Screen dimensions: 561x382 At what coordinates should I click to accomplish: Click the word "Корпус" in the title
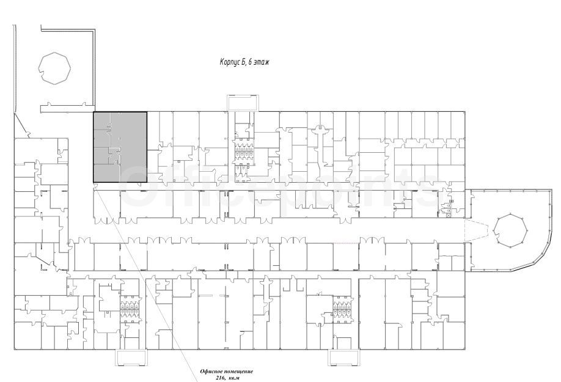(230, 62)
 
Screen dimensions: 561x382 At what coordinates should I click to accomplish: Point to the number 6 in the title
(250, 62)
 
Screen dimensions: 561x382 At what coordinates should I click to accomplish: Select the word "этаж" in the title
(262, 62)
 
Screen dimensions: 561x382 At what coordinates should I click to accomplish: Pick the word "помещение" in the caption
(237, 372)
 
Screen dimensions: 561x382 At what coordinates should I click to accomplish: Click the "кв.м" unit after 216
(233, 378)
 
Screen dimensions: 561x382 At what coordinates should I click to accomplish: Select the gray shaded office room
(120, 147)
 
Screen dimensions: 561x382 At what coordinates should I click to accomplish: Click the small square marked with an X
(447, 215)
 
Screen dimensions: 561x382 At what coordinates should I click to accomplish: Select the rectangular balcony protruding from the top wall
(242, 103)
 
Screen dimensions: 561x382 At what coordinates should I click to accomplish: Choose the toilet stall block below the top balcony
(244, 150)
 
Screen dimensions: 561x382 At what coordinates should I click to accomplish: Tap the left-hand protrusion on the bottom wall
(131, 358)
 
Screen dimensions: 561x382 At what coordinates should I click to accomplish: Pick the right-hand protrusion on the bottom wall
(345, 358)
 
